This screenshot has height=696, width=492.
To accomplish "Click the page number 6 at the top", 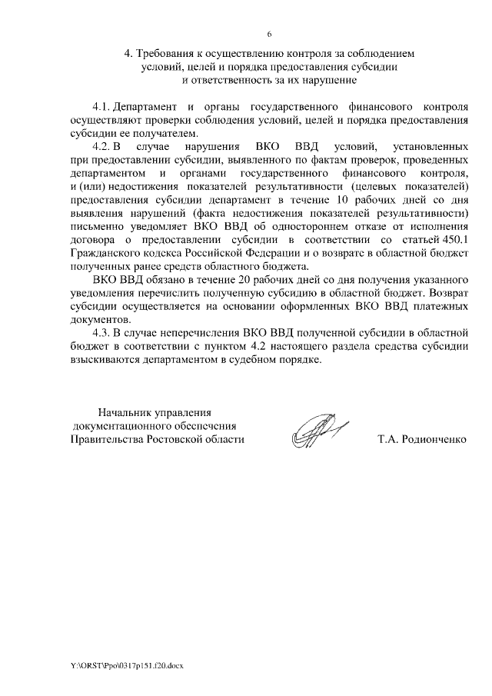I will pos(269,35).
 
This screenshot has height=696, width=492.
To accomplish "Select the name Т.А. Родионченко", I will pos(421,439).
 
